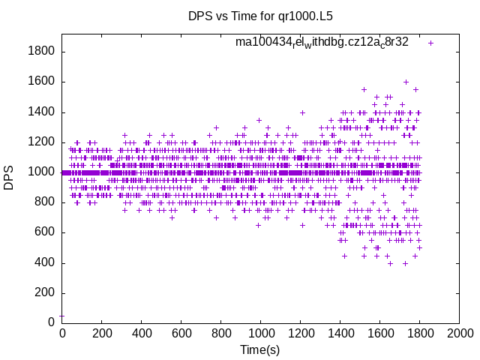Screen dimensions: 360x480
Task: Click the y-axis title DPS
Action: [9, 178]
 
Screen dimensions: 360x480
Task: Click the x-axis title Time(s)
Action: [259, 350]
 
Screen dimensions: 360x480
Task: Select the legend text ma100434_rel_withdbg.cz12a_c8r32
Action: [322, 42]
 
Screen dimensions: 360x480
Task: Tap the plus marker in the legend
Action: [430, 43]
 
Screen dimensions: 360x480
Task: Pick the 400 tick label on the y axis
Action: [46, 262]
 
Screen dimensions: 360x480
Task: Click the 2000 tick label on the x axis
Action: [459, 333]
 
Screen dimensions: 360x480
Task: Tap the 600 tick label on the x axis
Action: [181, 333]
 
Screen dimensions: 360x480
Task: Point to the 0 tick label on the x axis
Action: [62, 333]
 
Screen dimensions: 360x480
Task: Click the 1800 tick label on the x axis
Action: [419, 333]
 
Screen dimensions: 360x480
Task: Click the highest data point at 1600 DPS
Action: [406, 82]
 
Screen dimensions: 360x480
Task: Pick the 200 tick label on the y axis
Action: [46, 292]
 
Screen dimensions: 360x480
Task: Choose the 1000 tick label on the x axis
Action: [260, 333]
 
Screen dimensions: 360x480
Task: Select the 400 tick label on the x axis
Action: [141, 333]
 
